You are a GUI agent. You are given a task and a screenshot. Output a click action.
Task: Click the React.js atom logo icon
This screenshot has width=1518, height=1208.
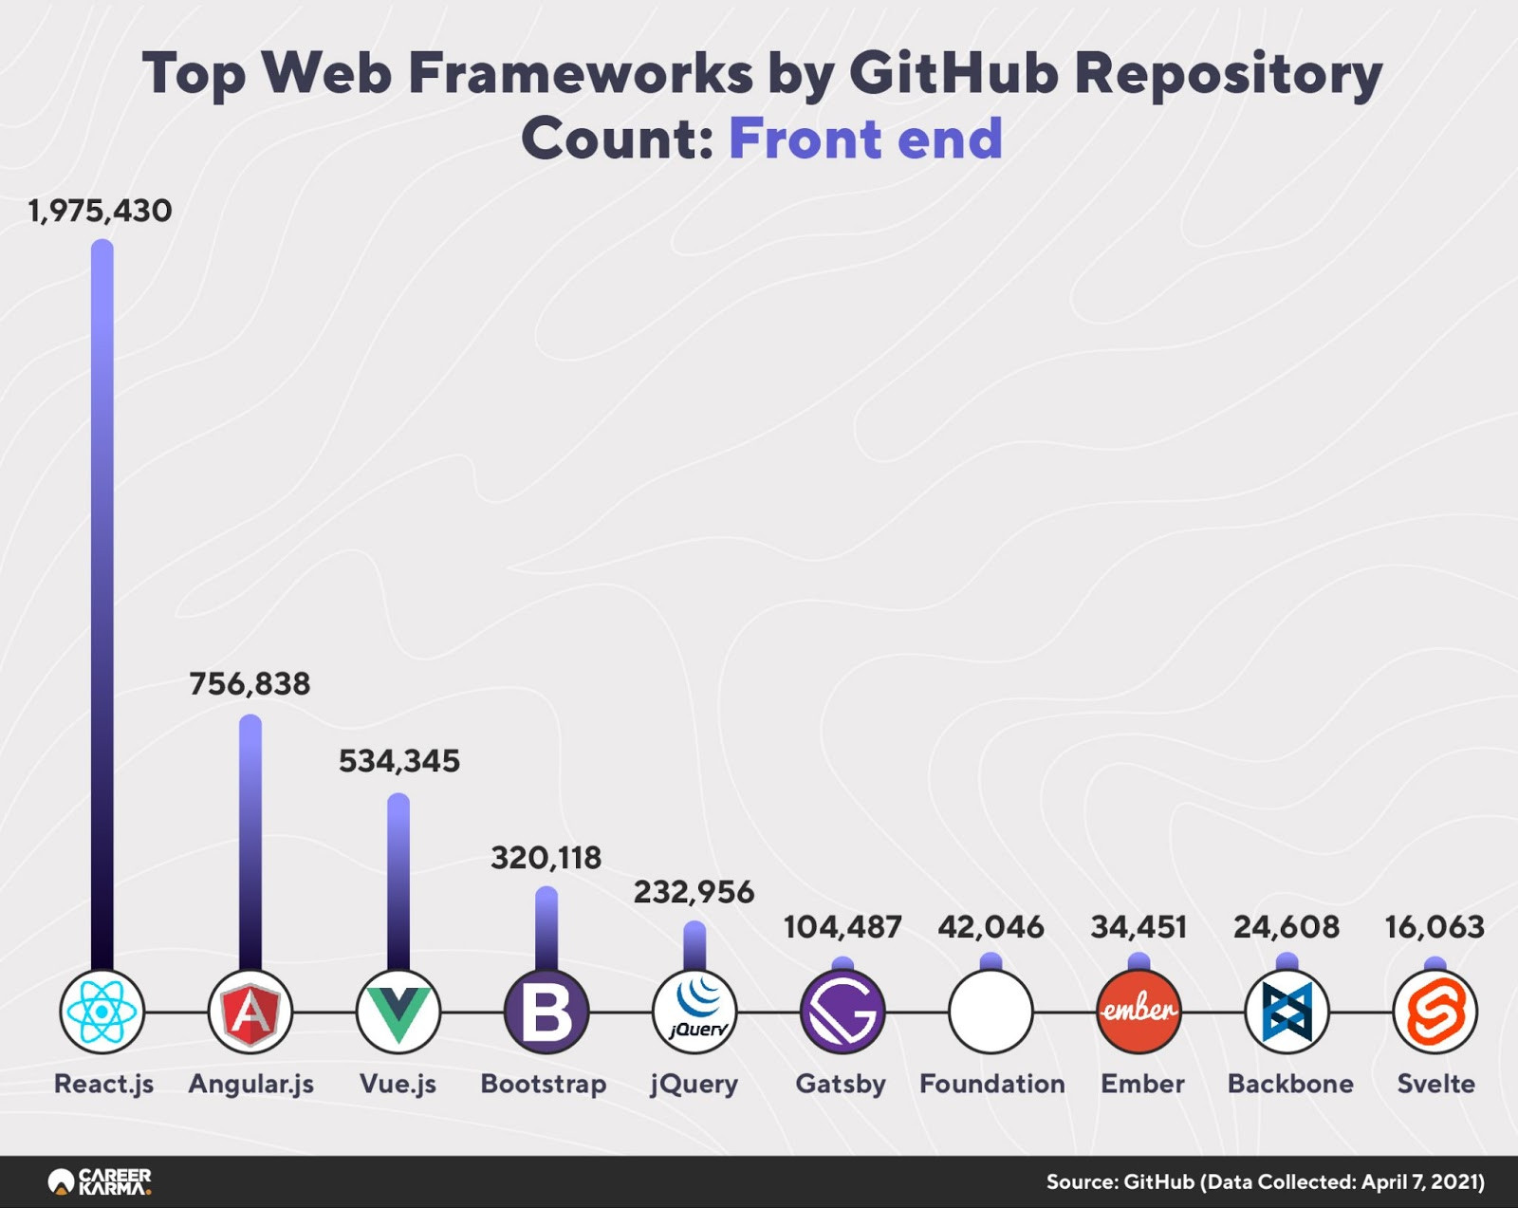click(102, 1012)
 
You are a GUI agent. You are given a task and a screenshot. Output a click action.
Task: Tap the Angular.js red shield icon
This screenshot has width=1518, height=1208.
click(250, 1012)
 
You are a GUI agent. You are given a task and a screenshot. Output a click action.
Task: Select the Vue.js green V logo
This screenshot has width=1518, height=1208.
click(398, 1012)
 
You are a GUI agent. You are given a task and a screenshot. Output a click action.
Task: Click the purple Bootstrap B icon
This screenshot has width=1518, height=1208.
click(546, 1012)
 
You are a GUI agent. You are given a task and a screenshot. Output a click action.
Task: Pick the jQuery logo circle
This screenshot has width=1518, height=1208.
click(694, 1012)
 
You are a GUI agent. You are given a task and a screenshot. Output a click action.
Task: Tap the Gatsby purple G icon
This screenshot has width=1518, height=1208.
click(842, 1012)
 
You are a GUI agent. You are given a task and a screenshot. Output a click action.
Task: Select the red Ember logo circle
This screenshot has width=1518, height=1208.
click(1139, 1012)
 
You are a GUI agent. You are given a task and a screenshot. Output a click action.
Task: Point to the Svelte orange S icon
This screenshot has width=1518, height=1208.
click(1435, 1012)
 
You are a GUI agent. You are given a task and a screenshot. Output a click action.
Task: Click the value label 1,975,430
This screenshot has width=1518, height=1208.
click(100, 211)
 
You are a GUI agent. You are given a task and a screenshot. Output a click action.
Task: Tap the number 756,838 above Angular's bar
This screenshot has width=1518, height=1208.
click(250, 684)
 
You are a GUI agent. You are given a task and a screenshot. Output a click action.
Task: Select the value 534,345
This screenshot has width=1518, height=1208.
click(399, 761)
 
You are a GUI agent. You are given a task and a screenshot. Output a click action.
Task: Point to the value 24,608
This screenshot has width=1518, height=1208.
click(1287, 926)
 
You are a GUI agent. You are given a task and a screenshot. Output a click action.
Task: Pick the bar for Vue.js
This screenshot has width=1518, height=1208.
click(398, 882)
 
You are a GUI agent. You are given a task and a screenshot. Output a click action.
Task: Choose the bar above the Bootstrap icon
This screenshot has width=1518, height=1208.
click(546, 929)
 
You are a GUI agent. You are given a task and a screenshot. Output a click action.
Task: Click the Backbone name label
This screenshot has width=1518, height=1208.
click(1290, 1084)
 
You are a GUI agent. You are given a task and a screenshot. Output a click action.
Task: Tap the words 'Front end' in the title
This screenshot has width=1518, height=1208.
click(865, 139)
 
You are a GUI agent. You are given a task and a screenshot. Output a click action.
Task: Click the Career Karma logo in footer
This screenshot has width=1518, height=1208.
click(100, 1181)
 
